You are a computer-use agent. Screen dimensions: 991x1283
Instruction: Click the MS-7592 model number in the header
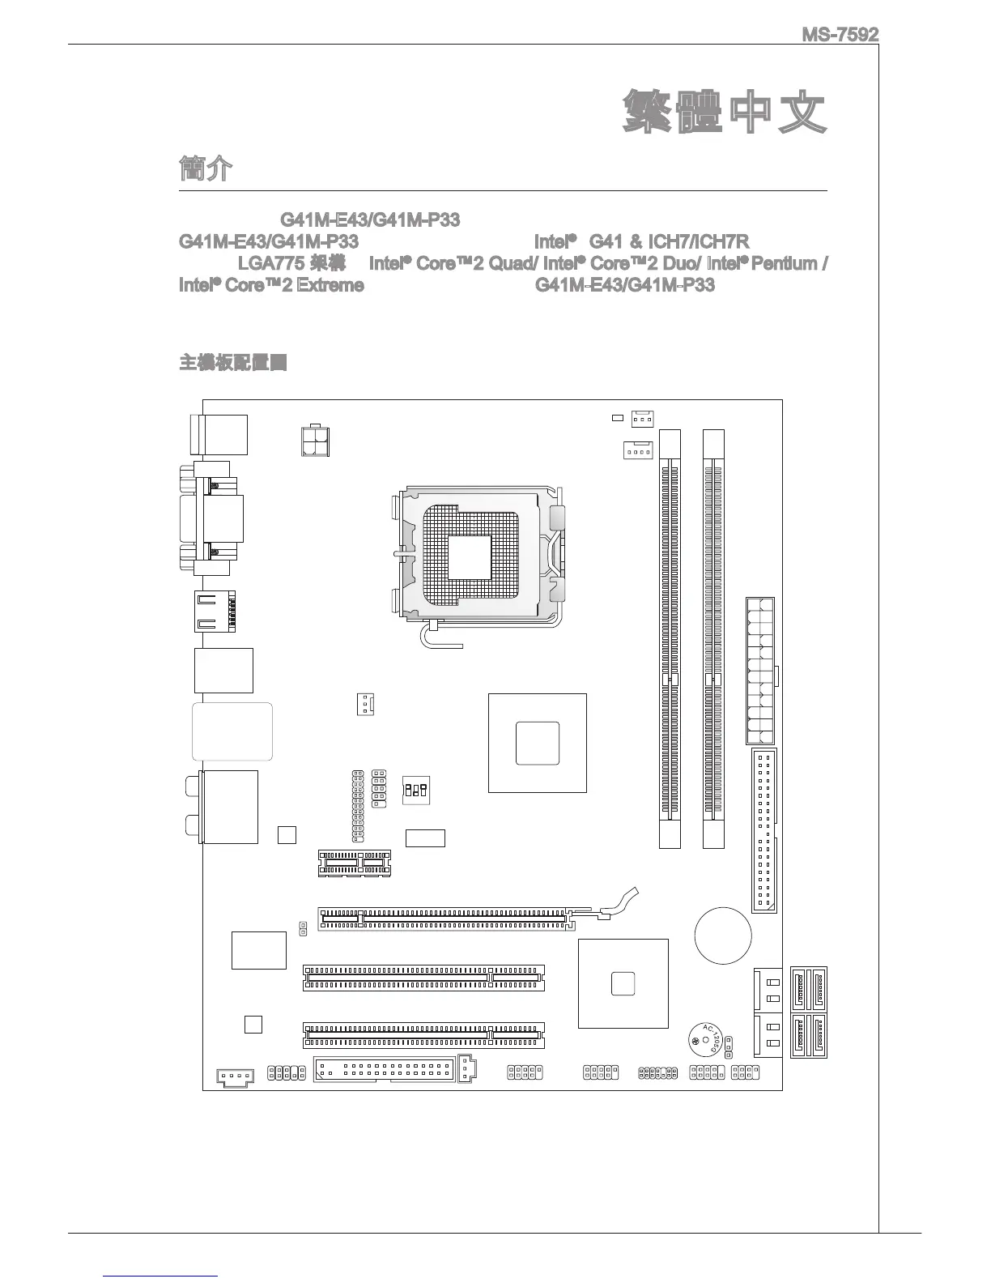pos(840,36)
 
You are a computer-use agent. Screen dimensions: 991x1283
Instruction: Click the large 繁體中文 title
pos(725,113)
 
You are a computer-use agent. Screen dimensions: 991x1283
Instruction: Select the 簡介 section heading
pos(205,170)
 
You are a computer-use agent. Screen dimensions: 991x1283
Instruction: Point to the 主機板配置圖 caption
pos(233,362)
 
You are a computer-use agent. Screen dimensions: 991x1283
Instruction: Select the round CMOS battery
pos(723,936)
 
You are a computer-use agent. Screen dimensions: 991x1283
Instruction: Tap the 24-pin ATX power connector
pos(759,671)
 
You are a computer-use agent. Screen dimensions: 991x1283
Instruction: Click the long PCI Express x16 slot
pos(444,919)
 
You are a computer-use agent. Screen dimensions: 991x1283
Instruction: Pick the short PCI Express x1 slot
pos(354,863)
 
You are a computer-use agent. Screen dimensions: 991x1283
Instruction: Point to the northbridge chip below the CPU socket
pos(537,743)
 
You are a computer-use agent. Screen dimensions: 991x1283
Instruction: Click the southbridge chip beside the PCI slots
pos(623,983)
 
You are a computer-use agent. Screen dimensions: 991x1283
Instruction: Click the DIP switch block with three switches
pos(416,789)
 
